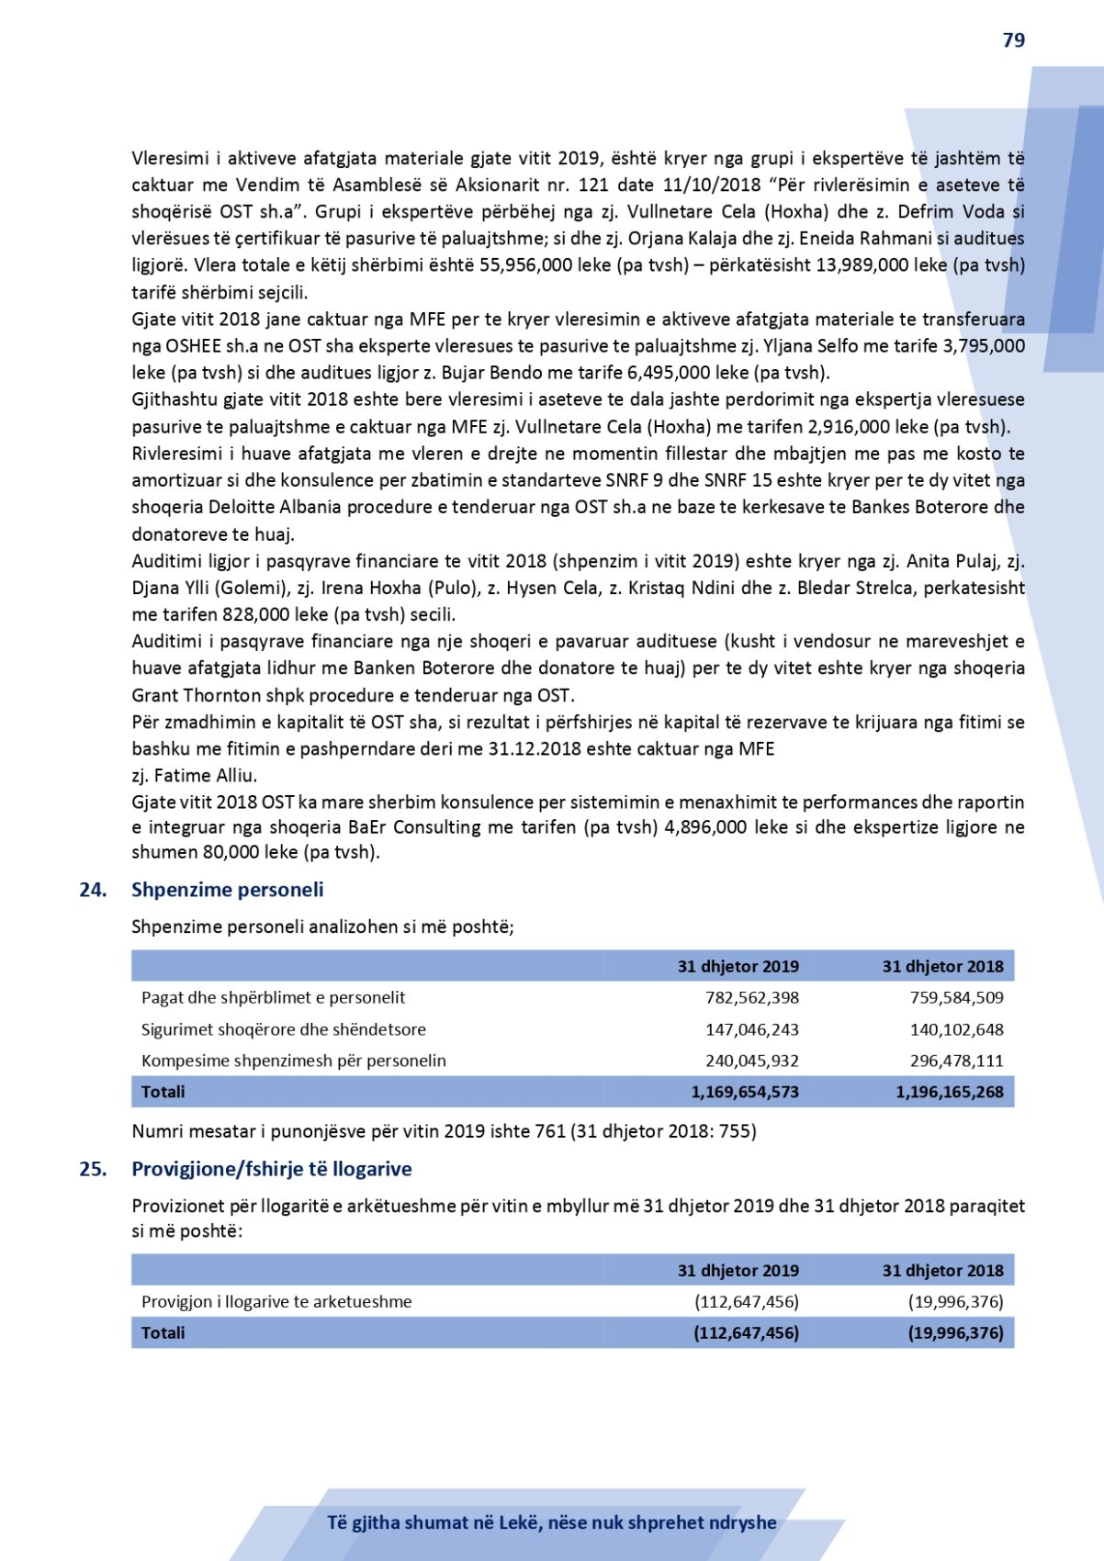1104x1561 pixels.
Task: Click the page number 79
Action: [1013, 40]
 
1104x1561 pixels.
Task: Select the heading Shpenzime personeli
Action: [227, 890]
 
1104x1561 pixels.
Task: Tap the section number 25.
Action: [93, 1169]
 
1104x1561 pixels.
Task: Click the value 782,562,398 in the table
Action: [751, 998]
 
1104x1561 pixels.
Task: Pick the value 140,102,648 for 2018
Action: [956, 1030]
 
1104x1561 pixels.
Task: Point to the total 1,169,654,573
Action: [744, 1093]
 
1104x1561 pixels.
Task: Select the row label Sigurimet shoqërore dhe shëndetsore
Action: [283, 1030]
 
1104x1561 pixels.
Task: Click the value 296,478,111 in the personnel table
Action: [956, 1061]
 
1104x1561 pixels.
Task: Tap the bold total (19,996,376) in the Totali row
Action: [955, 1333]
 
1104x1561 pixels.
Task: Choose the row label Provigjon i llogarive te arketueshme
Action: [276, 1302]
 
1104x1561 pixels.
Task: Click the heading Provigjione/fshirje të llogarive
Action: [271, 1169]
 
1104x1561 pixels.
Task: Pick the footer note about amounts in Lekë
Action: [551, 1522]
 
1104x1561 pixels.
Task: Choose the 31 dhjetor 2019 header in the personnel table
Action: [738, 967]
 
